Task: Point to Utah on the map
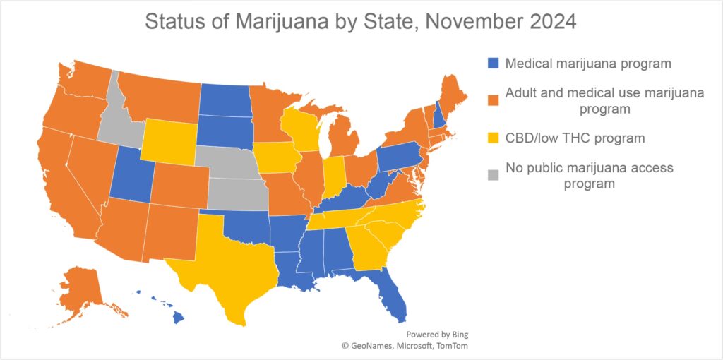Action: point(131,176)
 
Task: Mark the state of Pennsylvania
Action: point(400,160)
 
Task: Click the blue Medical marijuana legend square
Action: point(494,64)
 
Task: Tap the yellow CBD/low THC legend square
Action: point(494,138)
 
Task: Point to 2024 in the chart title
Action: point(550,21)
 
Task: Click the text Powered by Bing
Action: point(437,335)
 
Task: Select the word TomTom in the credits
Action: point(453,346)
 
